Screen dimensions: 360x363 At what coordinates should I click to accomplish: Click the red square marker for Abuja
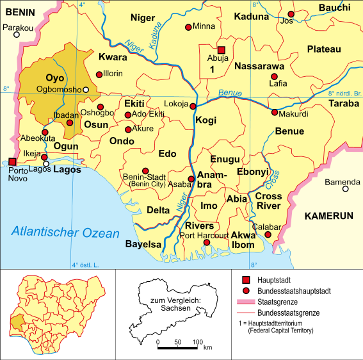tap(222, 50)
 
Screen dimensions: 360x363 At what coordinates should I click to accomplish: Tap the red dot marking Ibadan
tap(70, 122)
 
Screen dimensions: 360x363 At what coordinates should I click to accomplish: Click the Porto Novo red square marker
tap(12, 163)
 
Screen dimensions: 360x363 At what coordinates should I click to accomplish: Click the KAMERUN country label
tap(328, 216)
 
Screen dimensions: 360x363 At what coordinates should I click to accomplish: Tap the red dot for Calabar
tap(268, 235)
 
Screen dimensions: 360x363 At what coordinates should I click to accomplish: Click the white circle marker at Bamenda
tap(346, 189)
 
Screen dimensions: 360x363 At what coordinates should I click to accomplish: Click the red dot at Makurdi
tap(275, 113)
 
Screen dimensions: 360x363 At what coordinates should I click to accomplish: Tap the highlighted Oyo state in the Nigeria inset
tap(19, 318)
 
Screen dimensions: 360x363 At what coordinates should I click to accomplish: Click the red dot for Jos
tap(291, 13)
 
